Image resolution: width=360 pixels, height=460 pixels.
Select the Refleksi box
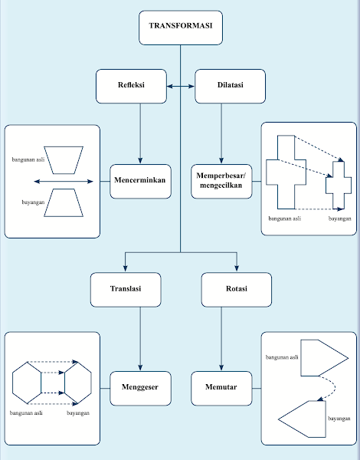tap(131, 86)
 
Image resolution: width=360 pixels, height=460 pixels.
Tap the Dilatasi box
tap(231, 86)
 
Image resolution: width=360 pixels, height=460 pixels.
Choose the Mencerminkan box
tap(140, 181)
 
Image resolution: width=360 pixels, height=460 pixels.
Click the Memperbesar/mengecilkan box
tap(221, 181)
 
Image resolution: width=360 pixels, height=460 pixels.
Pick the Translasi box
tap(126, 289)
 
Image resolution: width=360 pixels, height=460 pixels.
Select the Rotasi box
tap(237, 289)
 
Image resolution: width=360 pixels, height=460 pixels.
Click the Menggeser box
tap(140, 388)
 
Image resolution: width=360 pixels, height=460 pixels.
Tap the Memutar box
tap(221, 388)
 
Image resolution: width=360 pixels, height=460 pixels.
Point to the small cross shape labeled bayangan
tap(339, 185)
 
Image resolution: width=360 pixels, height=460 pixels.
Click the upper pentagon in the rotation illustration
tap(322, 357)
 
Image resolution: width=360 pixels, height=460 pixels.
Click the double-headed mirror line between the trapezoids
tap(64, 182)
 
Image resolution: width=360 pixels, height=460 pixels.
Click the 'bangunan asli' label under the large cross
tap(283, 219)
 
